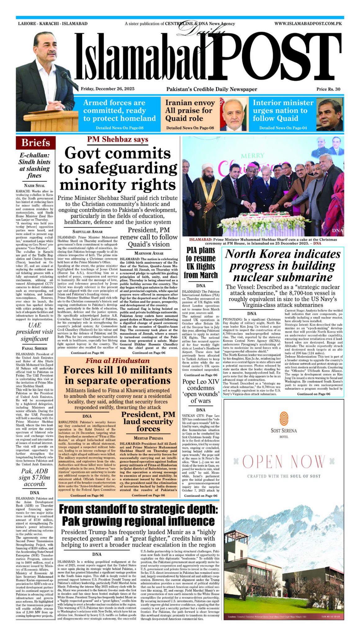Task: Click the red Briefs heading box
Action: (36, 143)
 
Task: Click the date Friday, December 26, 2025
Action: (107, 89)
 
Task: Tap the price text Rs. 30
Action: (328, 89)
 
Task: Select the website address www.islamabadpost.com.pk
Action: (308, 24)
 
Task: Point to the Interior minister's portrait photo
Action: (330, 114)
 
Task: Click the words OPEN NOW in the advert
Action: (284, 462)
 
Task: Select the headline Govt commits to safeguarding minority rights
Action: (118, 169)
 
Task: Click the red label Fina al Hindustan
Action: (118, 361)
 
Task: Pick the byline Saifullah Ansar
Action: (88, 232)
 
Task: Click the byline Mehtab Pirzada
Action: (148, 438)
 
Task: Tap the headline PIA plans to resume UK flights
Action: (200, 263)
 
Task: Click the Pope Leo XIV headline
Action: (200, 391)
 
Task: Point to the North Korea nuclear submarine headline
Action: (283, 266)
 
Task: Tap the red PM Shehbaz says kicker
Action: (118, 139)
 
